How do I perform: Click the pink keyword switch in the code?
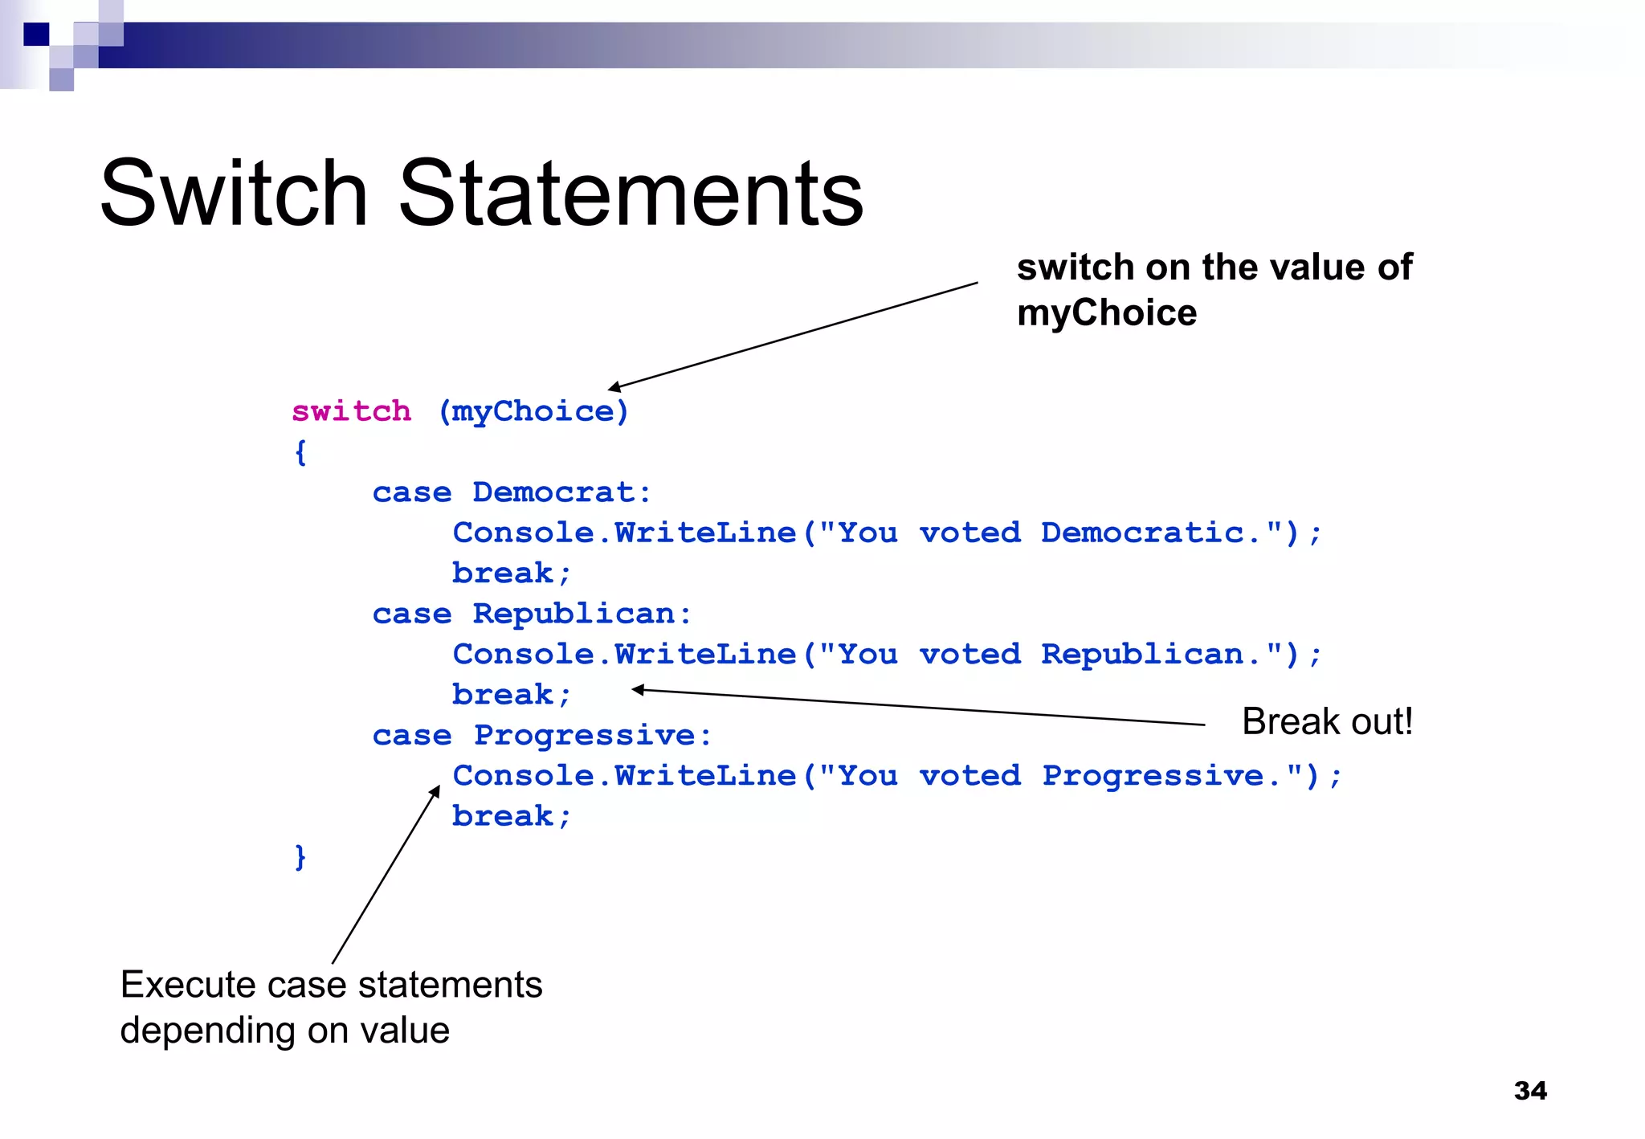[x=351, y=411]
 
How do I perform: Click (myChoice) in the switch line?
[x=533, y=411]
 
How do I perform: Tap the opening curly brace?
[x=300, y=452]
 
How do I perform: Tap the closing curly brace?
[x=300, y=857]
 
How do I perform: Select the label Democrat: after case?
[x=561, y=492]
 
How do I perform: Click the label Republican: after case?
[x=582, y=614]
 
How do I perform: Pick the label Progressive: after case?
[x=592, y=735]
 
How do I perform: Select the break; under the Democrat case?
[x=512, y=574]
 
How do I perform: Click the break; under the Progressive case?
[x=512, y=816]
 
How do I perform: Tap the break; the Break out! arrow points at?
[x=512, y=695]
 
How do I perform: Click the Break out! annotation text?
[x=1327, y=721]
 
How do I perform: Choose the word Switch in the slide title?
[x=233, y=194]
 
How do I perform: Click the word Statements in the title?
[x=631, y=194]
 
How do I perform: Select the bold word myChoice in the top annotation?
[x=1106, y=312]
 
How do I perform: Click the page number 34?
[x=1529, y=1090]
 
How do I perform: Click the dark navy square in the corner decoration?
[x=36, y=34]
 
